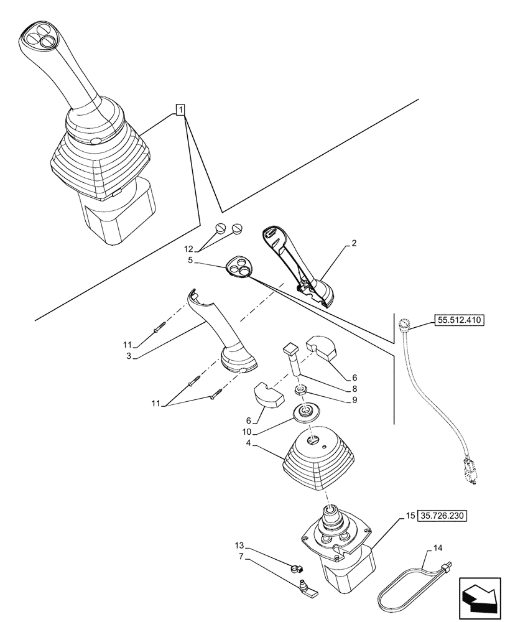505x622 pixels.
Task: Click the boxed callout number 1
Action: (180, 111)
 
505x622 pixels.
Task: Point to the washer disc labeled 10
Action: (305, 411)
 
